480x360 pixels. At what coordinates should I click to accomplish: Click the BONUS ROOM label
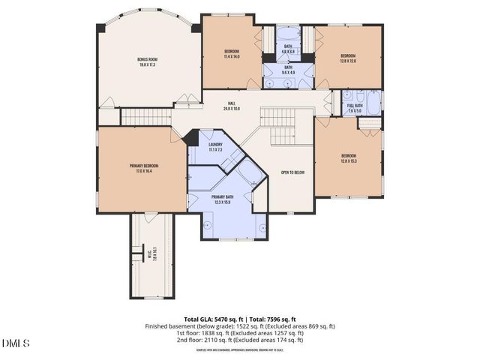147,58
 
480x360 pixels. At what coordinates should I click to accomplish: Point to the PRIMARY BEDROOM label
140,165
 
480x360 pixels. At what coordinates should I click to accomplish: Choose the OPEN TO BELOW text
292,172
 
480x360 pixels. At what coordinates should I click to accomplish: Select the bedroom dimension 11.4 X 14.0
231,56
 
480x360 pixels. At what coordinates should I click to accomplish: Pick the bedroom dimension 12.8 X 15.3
348,160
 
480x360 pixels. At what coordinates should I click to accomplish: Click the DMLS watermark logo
16,343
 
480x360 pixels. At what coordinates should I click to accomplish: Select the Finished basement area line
240,326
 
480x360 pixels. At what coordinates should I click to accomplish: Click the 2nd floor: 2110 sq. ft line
240,340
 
